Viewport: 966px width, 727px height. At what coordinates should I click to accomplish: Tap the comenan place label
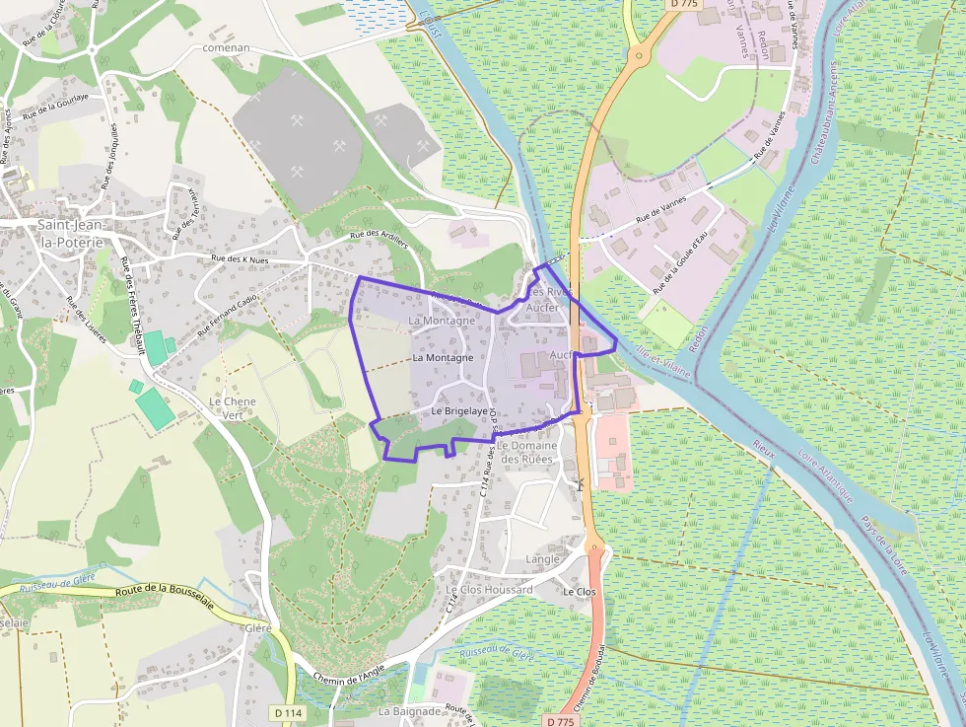coord(226,47)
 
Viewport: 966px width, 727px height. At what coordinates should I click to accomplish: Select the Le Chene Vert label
coord(233,408)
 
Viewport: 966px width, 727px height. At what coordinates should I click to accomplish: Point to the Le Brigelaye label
coord(460,410)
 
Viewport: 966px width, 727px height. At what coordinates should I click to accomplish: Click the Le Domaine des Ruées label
coord(529,452)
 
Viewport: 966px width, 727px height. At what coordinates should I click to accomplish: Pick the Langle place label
coord(543,559)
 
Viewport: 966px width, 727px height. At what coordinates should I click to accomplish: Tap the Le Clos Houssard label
coord(490,590)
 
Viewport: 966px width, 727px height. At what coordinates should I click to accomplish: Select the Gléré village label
coord(257,627)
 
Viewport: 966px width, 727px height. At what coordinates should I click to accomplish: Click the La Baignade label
coord(410,710)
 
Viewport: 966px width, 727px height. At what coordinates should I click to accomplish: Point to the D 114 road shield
coord(288,712)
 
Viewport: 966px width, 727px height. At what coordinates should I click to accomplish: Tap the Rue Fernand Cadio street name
coord(228,317)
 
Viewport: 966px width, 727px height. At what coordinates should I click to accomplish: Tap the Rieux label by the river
coord(764,446)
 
